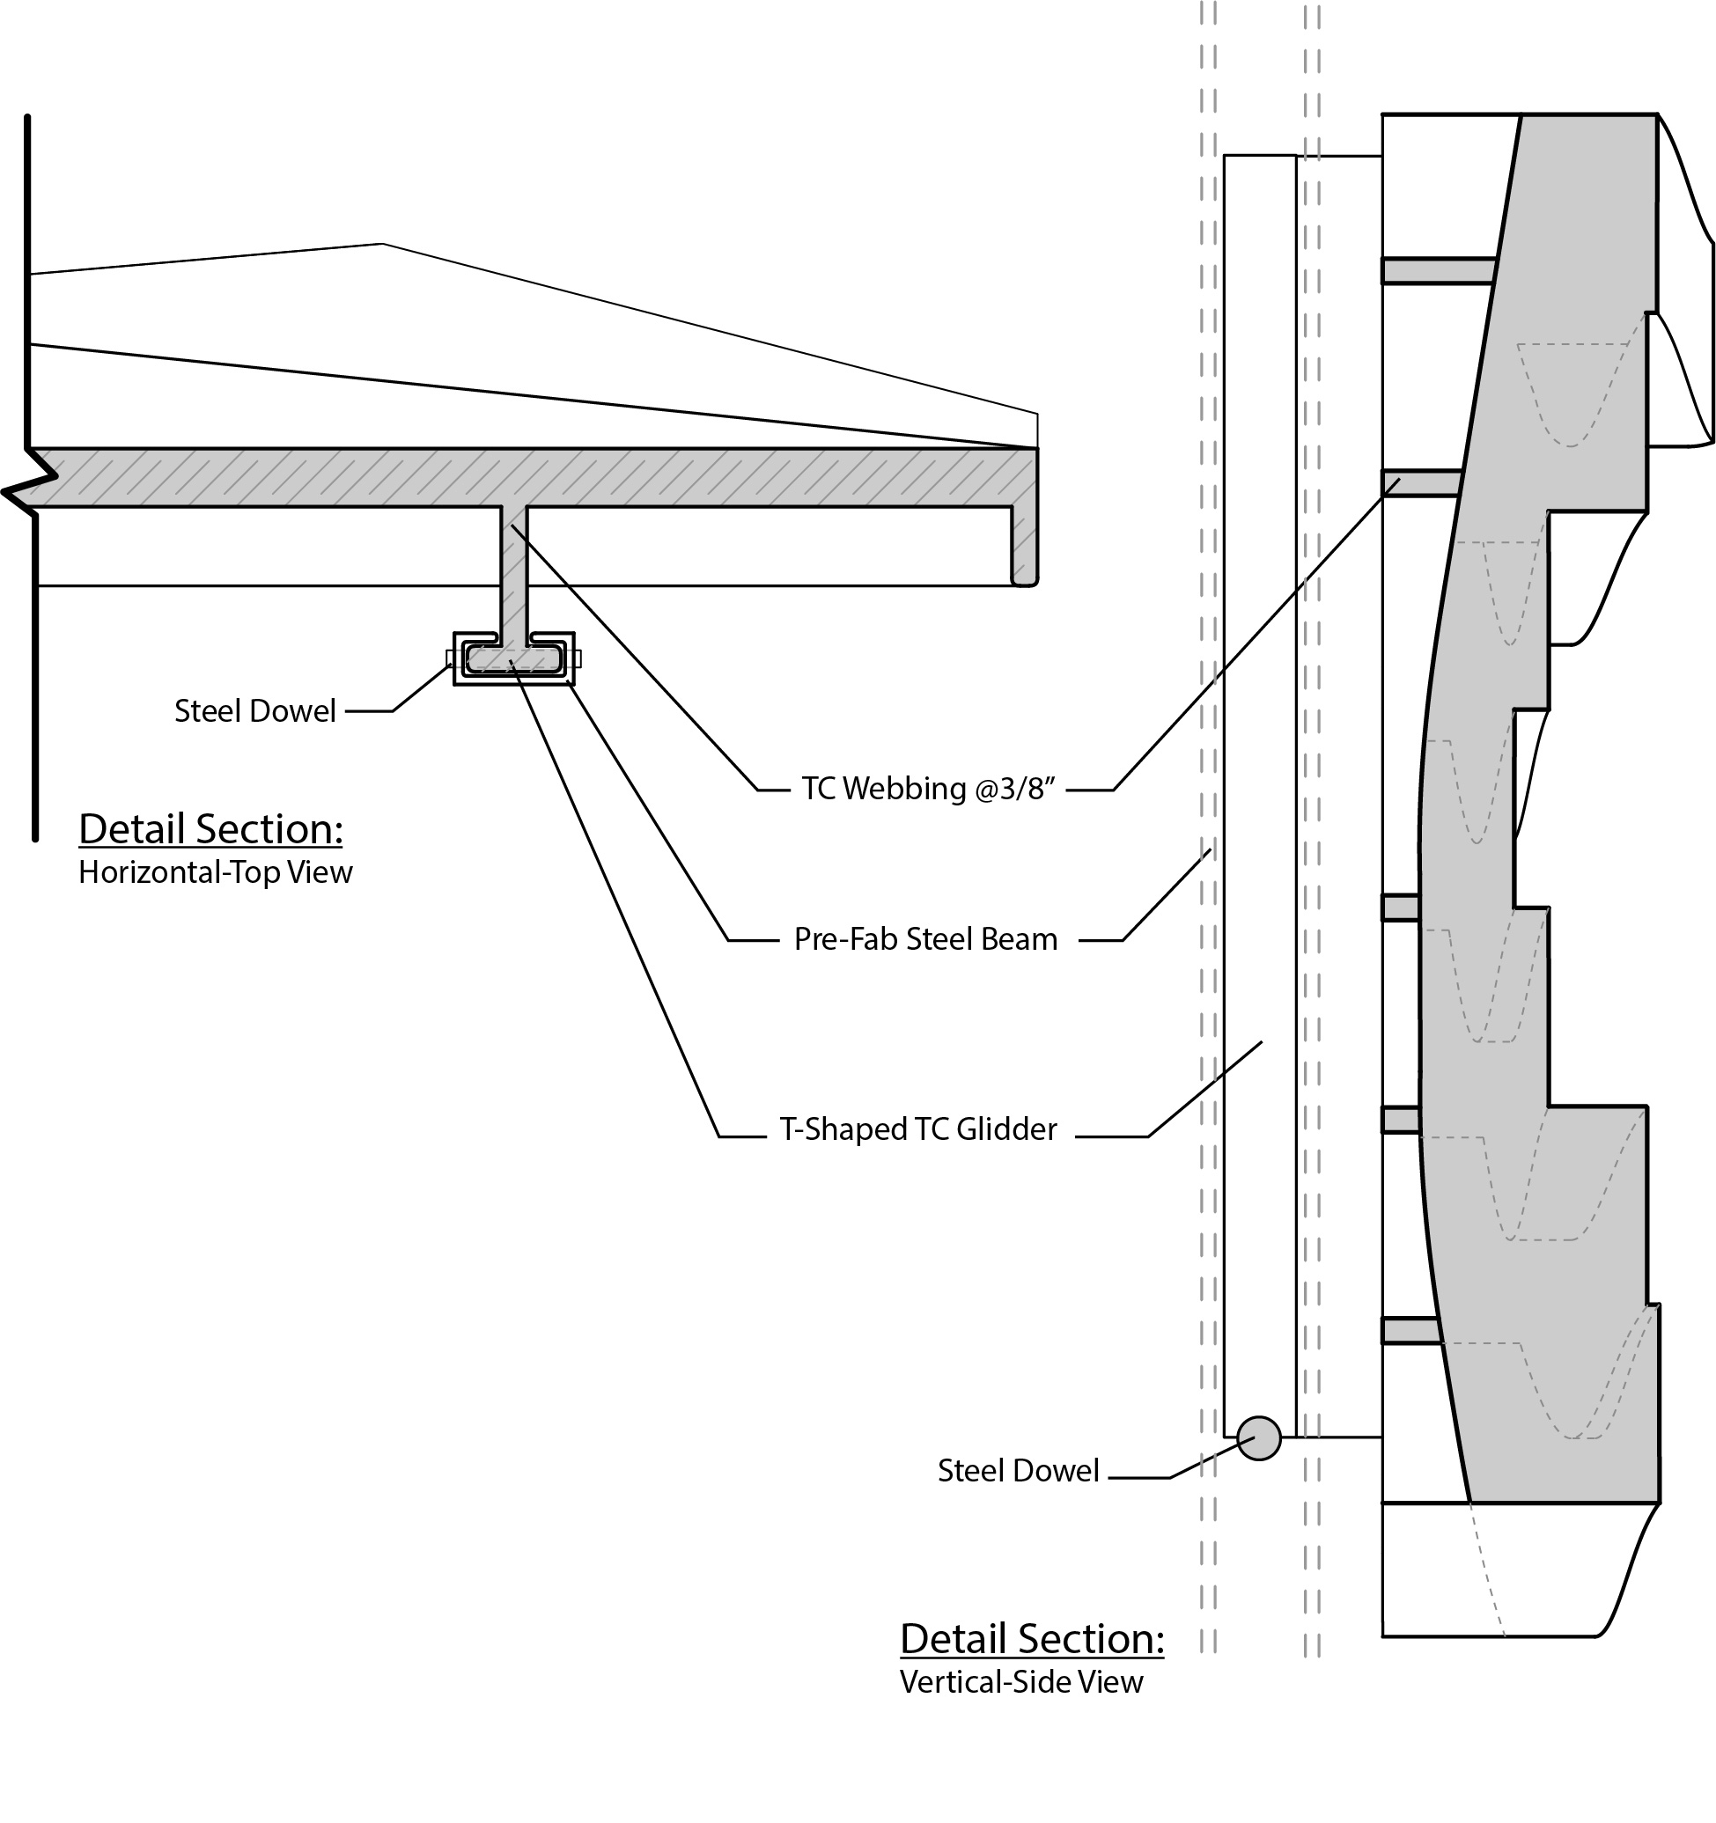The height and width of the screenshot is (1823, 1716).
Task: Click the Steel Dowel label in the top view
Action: click(x=255, y=710)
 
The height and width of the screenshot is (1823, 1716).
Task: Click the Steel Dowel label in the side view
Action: click(x=1017, y=1471)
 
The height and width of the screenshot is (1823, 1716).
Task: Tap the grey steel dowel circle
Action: click(x=1258, y=1437)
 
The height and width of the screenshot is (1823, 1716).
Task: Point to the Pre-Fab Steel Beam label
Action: click(x=925, y=940)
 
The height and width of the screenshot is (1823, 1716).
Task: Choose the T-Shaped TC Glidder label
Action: click(x=918, y=1129)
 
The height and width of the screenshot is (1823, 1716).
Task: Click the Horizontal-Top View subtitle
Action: click(x=215, y=872)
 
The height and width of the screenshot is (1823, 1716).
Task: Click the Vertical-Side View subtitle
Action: click(x=1020, y=1682)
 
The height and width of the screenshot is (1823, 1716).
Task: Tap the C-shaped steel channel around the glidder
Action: click(x=513, y=680)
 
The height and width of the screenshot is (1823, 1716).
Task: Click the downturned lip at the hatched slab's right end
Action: click(x=1025, y=546)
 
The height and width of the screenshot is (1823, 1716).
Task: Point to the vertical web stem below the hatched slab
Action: click(x=512, y=569)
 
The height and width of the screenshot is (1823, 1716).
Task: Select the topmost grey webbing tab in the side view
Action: click(x=1437, y=270)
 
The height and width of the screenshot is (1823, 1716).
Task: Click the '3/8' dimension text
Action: click(x=1025, y=789)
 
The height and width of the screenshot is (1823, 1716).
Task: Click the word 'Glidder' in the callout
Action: click(x=1006, y=1129)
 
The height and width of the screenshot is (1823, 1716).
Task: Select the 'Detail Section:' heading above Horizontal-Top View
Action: click(x=211, y=829)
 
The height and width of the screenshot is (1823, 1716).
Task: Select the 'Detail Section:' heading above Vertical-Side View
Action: click(x=1032, y=1639)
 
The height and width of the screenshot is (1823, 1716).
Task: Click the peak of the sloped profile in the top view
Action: click(x=382, y=244)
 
